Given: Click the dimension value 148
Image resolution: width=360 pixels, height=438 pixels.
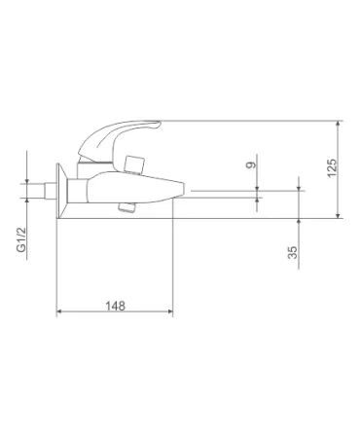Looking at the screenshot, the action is tap(115, 306).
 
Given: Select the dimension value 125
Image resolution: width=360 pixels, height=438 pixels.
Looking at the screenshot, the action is tap(332, 168).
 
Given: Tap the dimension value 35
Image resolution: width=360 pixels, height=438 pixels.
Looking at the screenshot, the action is tap(293, 252).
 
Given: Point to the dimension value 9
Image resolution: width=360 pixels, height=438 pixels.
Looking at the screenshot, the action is tap(251, 165).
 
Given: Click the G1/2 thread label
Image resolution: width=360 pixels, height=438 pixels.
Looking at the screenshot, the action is tap(21, 239).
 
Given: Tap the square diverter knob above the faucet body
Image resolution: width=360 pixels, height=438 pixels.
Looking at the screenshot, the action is tap(134, 164).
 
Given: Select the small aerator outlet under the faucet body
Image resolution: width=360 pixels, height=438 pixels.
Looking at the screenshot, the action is tap(127, 207).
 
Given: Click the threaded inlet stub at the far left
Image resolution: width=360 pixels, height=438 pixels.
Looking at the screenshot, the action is tap(50, 191).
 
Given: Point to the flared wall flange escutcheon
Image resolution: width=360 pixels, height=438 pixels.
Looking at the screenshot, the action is tap(61, 191).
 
